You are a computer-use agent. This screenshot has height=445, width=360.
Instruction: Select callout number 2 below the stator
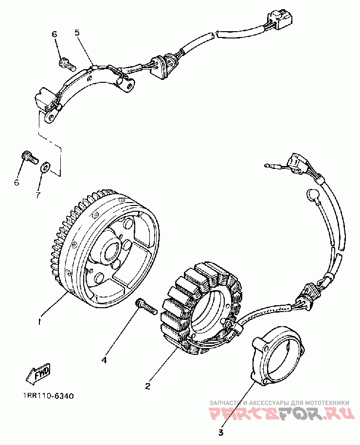pyautogui.click(x=147, y=387)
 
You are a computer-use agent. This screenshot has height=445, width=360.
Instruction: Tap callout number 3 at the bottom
pyautogui.click(x=220, y=432)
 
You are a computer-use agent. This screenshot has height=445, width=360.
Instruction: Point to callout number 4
pyautogui.click(x=104, y=360)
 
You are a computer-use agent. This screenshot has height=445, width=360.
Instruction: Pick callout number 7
pyautogui.click(x=38, y=195)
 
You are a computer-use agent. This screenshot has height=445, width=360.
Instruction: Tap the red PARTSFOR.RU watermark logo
pyautogui.click(x=279, y=415)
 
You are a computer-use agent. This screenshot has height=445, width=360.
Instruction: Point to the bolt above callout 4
pyautogui.click(x=145, y=306)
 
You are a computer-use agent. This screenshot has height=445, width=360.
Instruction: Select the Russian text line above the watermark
pyautogui.click(x=279, y=403)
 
